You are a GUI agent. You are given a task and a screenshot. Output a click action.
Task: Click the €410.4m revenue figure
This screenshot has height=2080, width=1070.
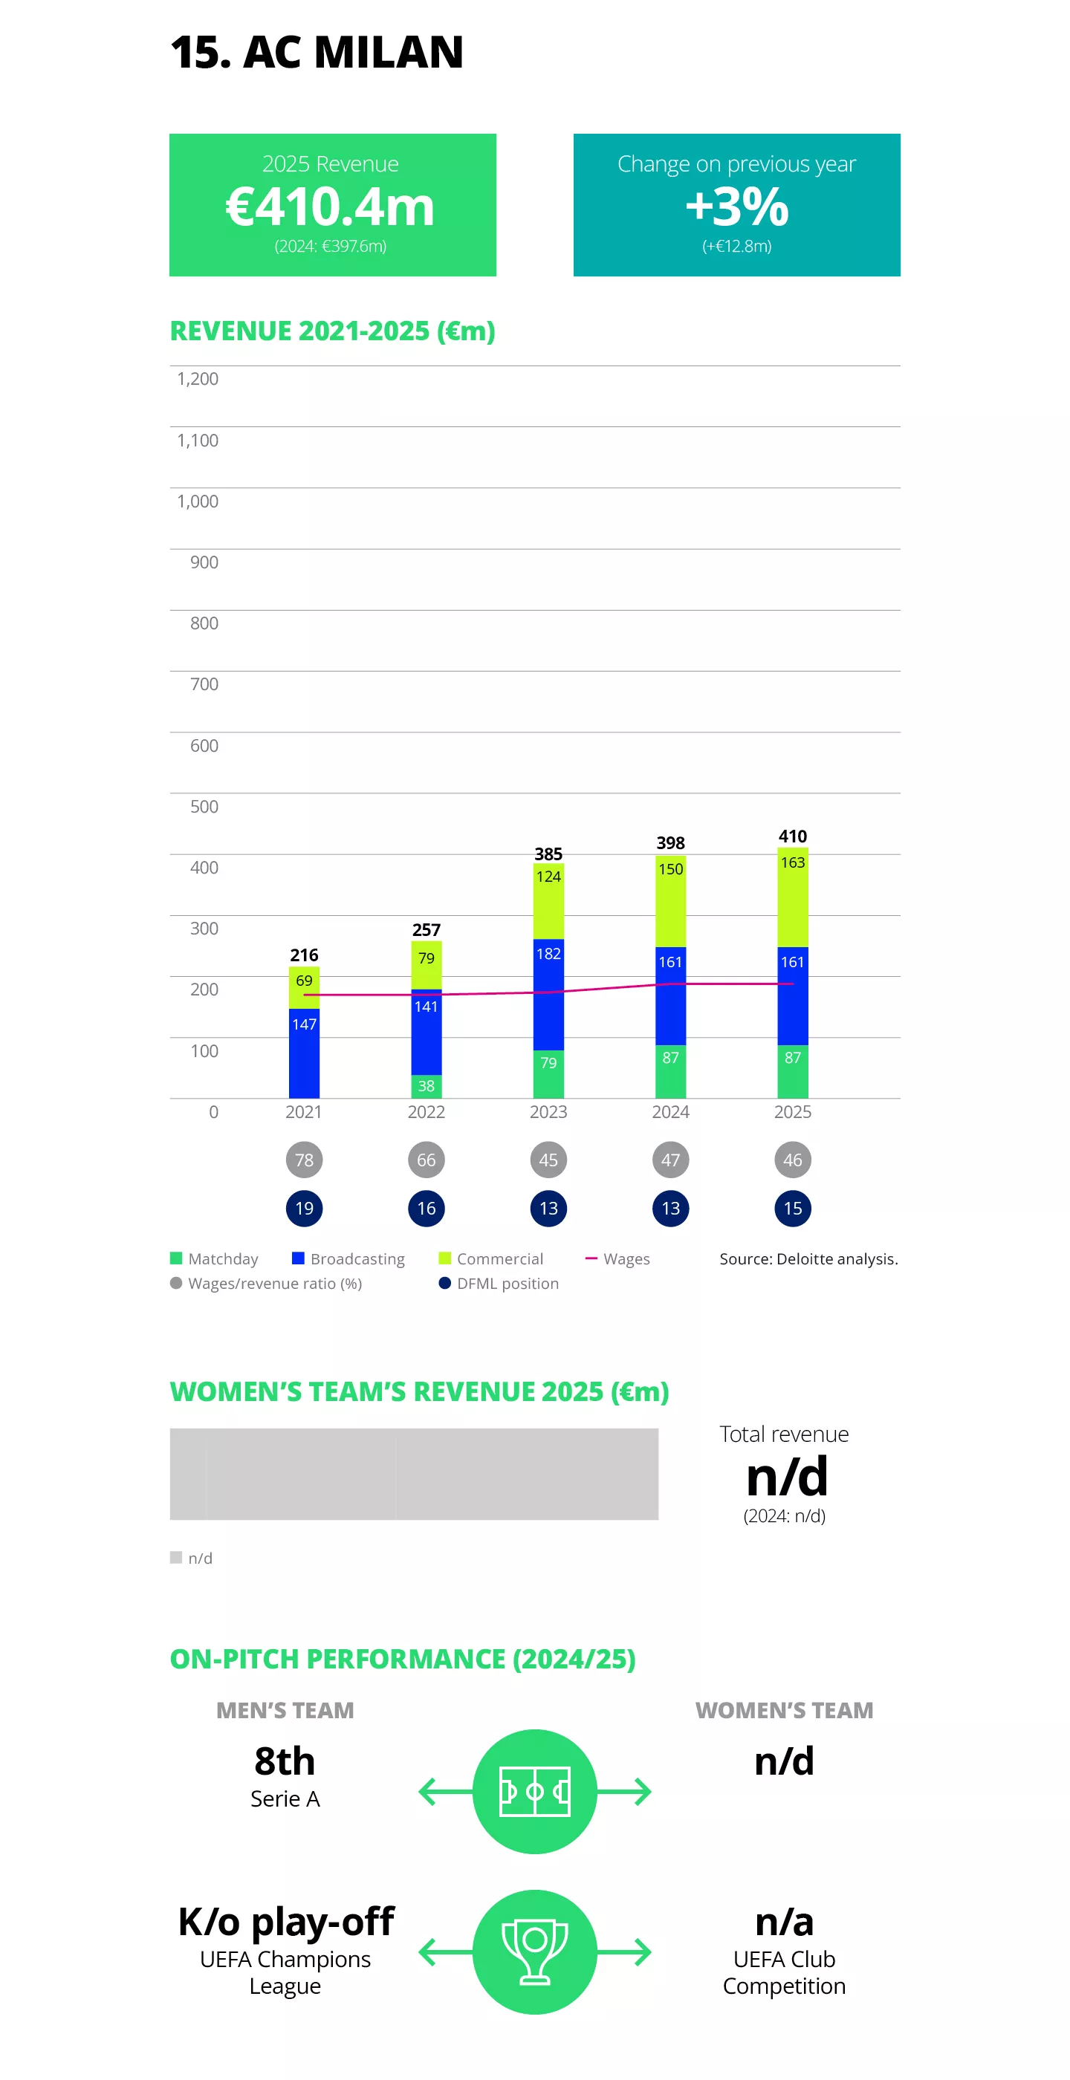coord(329,207)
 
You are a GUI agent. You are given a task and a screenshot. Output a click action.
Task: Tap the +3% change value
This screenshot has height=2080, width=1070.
coord(736,207)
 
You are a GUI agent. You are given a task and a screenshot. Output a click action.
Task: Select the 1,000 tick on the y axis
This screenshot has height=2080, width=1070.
coord(198,501)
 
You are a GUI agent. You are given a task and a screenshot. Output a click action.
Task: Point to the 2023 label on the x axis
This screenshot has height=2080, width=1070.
coord(548,1112)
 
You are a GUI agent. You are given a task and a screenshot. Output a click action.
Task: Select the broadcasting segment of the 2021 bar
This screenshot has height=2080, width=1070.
coord(304,1053)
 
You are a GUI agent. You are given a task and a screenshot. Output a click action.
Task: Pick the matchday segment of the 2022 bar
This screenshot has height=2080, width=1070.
coord(427,1086)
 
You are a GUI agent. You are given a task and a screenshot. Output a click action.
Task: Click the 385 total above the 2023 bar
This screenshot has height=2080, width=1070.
coord(548,854)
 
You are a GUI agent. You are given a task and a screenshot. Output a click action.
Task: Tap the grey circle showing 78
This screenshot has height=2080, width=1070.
coord(304,1160)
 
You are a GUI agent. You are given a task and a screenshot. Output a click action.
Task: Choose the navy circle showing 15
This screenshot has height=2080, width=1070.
coord(792,1209)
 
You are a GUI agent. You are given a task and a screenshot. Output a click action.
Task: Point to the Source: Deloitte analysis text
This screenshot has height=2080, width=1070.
coord(808,1259)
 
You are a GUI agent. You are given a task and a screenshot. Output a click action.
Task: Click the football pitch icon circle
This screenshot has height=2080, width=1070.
coord(534,1792)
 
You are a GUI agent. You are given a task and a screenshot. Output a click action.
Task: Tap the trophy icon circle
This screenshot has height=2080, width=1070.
coord(534,1952)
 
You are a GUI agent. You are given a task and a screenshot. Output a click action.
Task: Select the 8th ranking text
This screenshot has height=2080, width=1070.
coord(285,1761)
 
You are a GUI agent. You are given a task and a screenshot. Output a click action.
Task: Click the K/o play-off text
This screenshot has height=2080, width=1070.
coord(286,1921)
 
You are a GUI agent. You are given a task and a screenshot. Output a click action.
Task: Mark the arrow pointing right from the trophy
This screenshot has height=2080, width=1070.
coord(626,1952)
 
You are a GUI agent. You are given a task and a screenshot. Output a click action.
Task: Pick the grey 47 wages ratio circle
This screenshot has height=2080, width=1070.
coord(670,1160)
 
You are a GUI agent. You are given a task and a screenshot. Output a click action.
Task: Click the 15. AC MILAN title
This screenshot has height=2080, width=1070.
coord(317,53)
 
